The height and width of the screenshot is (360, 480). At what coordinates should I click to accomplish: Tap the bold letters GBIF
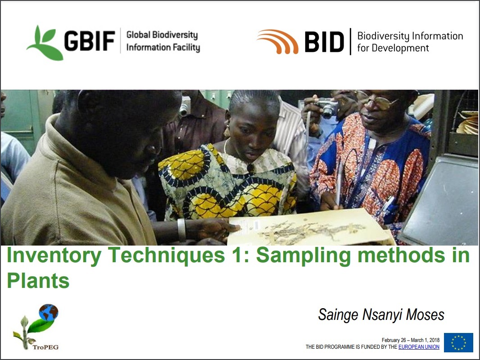click(90, 41)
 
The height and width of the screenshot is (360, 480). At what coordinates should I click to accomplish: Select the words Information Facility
click(163, 47)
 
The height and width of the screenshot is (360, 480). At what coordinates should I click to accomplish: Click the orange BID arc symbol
click(278, 41)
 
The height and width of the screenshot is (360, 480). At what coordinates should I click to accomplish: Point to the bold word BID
click(324, 41)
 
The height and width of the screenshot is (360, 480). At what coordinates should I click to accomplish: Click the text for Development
click(393, 48)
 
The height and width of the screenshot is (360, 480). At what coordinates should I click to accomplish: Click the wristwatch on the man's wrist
click(181, 230)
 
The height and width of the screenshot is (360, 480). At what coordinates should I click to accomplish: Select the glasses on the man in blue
click(377, 100)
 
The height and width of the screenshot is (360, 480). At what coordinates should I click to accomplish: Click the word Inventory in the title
click(54, 255)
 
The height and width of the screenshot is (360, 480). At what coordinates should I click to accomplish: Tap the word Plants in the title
click(38, 280)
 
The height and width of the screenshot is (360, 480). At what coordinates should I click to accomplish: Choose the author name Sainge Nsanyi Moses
click(381, 314)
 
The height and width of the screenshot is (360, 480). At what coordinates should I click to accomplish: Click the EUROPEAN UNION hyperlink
click(419, 347)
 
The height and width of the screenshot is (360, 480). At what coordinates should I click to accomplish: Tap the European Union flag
click(458, 342)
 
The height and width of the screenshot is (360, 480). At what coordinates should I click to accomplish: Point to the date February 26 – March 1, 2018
click(411, 340)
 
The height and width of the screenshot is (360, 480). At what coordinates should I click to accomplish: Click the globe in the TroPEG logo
click(49, 313)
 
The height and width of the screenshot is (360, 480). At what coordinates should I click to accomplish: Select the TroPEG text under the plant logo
click(45, 347)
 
